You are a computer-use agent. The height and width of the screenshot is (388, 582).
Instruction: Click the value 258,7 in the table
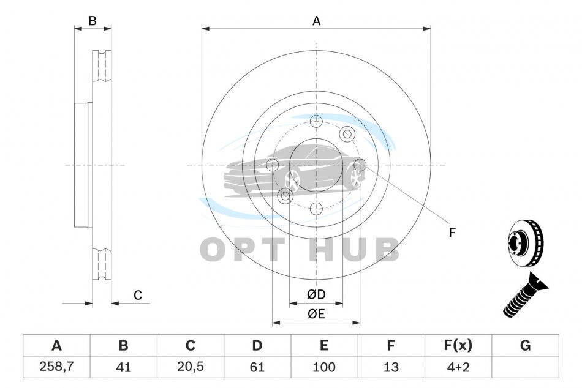(x=56, y=367)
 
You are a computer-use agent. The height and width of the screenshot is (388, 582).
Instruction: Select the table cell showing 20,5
(x=191, y=367)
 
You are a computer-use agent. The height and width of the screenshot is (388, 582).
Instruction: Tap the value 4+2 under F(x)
(x=458, y=367)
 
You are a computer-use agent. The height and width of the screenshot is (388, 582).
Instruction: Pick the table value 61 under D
(x=257, y=367)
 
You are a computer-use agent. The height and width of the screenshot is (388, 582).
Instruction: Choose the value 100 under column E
(x=323, y=367)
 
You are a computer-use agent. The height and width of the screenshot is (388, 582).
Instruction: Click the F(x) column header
(x=458, y=345)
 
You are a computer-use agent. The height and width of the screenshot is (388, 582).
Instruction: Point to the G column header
(x=525, y=345)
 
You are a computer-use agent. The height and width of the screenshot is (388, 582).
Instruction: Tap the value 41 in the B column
(x=123, y=367)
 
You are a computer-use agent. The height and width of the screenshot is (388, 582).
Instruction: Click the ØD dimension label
(x=316, y=294)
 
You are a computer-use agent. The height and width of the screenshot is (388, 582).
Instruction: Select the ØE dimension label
(x=316, y=314)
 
